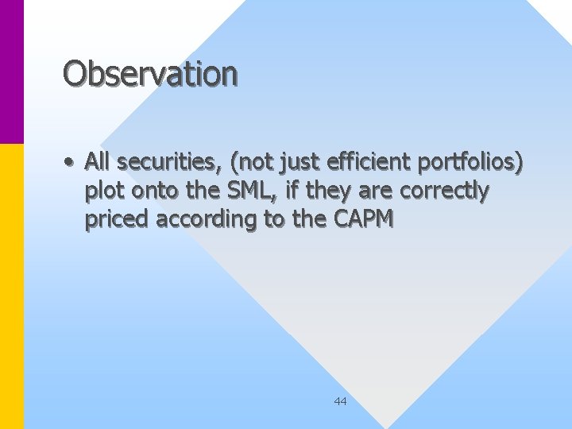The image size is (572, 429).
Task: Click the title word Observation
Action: [150, 73]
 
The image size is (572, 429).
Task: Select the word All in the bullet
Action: [98, 162]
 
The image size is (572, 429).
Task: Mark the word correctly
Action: [444, 191]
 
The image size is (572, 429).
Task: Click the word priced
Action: [117, 219]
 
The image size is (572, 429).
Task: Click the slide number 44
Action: [340, 401]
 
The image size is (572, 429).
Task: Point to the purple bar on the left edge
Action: [12, 71]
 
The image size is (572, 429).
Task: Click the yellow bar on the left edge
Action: [12, 286]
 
